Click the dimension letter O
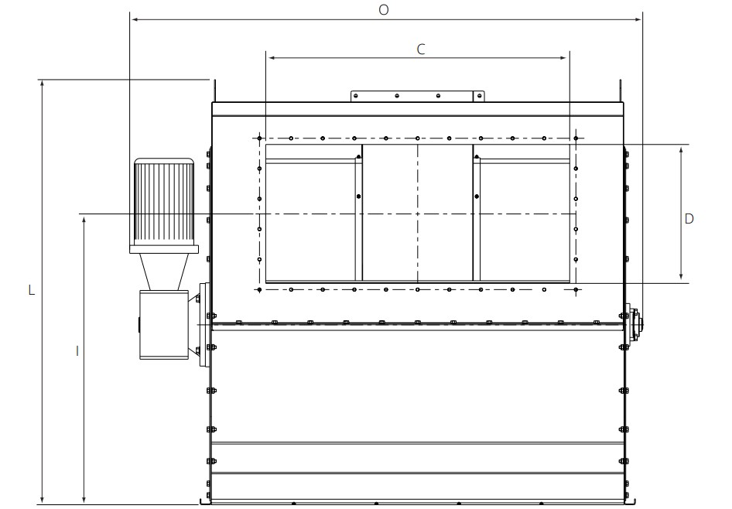(x=383, y=10)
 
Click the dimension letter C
(x=421, y=49)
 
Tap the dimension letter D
(x=689, y=218)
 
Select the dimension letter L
(x=31, y=290)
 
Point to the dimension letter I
(x=77, y=351)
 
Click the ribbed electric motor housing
(x=164, y=202)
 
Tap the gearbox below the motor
(x=164, y=325)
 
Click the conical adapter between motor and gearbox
(x=164, y=272)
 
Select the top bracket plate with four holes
(x=418, y=96)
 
